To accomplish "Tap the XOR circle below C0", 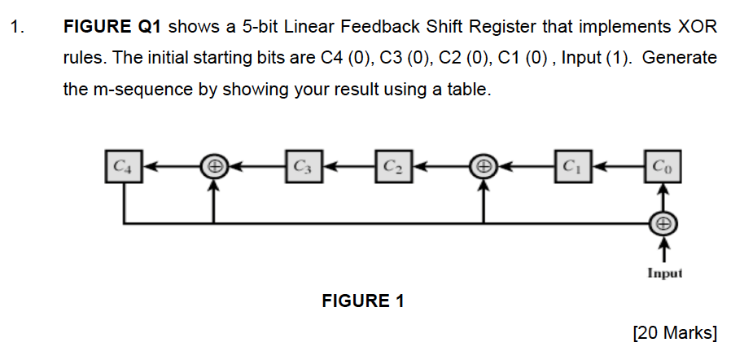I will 663,222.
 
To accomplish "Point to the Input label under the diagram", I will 663,274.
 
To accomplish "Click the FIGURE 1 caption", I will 363,301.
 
